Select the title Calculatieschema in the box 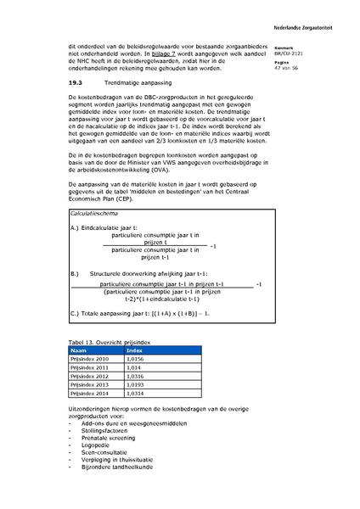pos(95,215)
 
